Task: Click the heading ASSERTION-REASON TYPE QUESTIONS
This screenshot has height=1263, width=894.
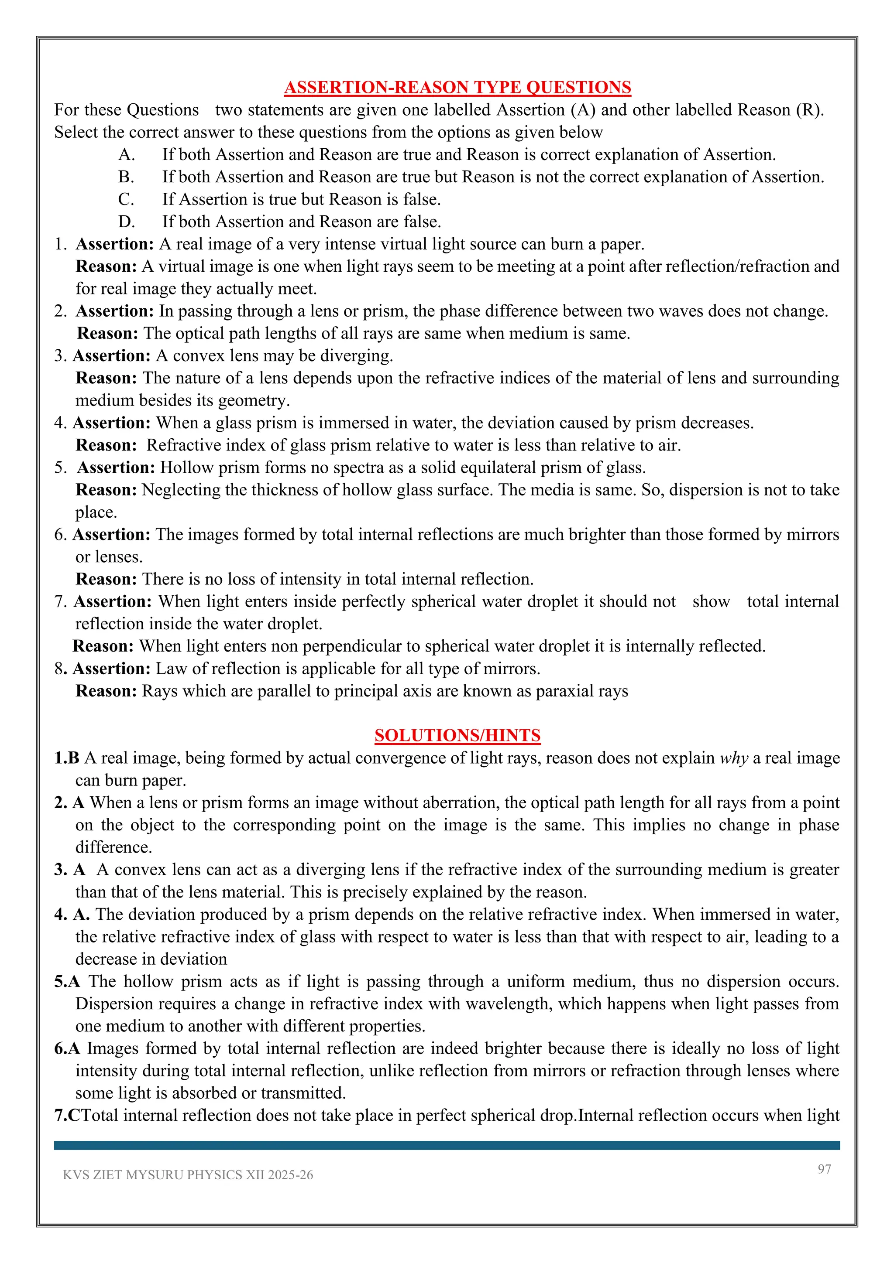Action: tap(457, 88)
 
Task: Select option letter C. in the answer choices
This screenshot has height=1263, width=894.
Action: tap(126, 199)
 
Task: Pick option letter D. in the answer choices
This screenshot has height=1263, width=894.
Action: tap(126, 222)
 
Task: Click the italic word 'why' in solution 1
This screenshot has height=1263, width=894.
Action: tap(733, 758)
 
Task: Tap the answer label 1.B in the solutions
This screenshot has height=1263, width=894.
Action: tap(67, 758)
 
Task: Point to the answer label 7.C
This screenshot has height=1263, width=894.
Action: tap(67, 1115)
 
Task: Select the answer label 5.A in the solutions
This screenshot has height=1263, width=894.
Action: tap(67, 981)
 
